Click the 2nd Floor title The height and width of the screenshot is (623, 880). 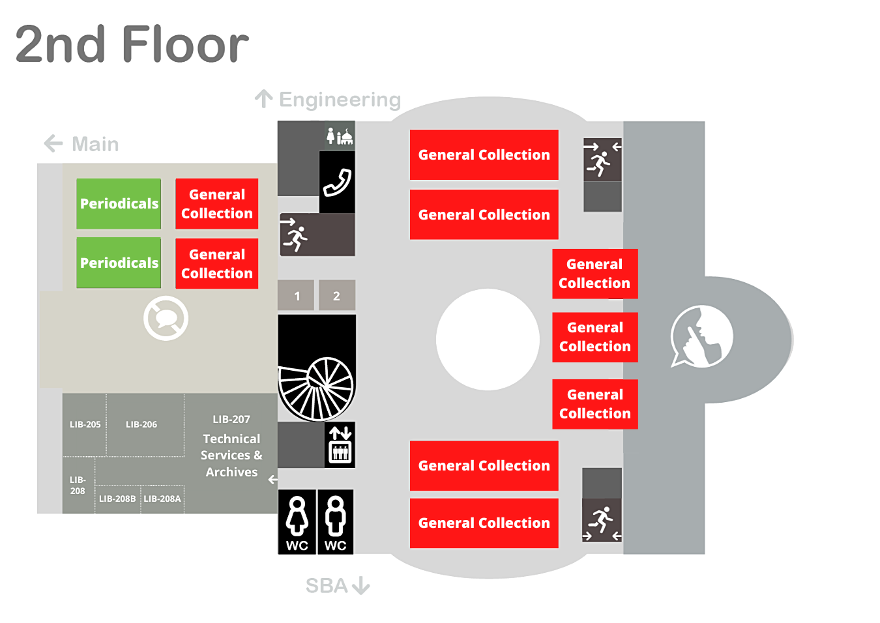[x=132, y=44]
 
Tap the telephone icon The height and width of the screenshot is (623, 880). [x=337, y=182]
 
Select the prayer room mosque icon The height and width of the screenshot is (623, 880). [x=340, y=136]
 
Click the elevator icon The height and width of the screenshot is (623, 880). [x=340, y=444]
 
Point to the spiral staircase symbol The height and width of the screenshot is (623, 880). [x=317, y=387]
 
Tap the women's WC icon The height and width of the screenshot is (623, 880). [x=297, y=522]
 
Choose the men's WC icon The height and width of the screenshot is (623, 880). [x=335, y=522]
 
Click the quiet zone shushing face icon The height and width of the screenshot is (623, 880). [x=701, y=337]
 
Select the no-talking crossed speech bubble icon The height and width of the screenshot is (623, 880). [x=166, y=318]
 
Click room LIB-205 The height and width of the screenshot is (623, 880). [x=85, y=424]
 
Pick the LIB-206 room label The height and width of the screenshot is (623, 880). [x=141, y=424]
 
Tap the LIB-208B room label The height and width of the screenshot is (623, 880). [x=117, y=499]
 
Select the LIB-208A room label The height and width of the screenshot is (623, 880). [x=162, y=499]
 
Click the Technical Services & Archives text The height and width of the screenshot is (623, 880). [x=231, y=456]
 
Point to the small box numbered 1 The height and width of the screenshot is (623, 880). [x=297, y=296]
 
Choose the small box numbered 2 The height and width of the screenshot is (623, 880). [x=336, y=296]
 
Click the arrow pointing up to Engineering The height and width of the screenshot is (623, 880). [x=263, y=99]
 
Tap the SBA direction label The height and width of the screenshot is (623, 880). [x=327, y=586]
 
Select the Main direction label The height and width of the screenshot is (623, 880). [x=95, y=144]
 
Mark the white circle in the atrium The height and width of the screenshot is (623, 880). [x=488, y=340]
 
